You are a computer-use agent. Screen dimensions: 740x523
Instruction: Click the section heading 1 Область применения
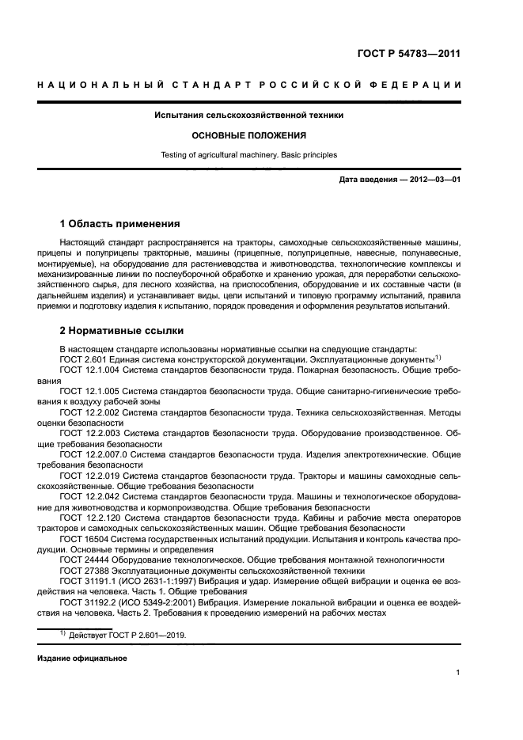(x=119, y=224)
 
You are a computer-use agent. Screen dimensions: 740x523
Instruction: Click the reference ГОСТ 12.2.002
(x=87, y=412)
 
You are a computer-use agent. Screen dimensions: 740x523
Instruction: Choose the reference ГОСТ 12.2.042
(x=87, y=496)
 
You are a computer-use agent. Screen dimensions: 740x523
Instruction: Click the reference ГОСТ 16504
(x=81, y=538)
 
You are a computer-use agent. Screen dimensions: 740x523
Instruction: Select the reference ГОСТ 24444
(x=81, y=560)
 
